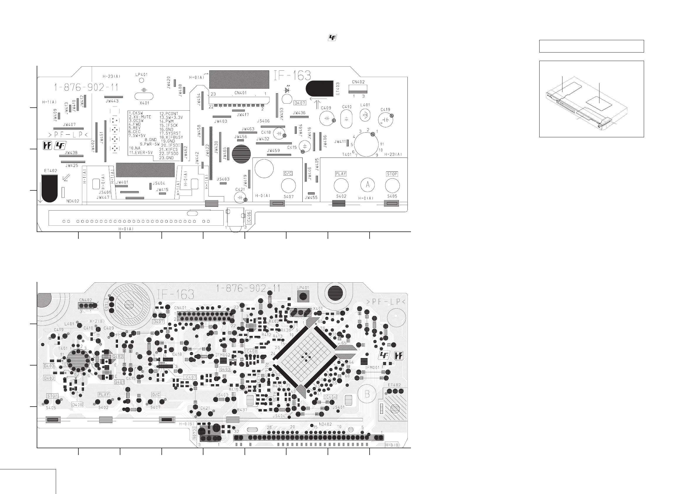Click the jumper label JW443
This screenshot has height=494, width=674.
[x=112, y=101]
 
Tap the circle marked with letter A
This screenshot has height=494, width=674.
[x=367, y=185]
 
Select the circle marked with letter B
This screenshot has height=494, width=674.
[x=367, y=394]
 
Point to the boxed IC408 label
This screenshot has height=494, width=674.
[x=251, y=351]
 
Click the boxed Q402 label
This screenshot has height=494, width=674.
[x=118, y=356]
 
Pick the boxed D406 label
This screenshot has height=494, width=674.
[x=77, y=405]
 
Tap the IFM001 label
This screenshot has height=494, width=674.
[x=372, y=367]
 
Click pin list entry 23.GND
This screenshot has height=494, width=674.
[x=166, y=158]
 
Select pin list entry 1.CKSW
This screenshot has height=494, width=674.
[x=136, y=113]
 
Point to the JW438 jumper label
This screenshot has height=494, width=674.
[x=71, y=153]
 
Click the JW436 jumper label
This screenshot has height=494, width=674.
[x=299, y=113]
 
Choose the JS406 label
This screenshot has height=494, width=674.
[x=263, y=121]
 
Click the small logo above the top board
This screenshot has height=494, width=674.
[x=332, y=38]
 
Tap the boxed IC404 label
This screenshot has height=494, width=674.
[x=330, y=397]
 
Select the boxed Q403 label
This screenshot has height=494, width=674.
[x=225, y=369]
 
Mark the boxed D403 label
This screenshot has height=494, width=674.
[x=49, y=366]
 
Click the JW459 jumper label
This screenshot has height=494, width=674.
[x=273, y=150]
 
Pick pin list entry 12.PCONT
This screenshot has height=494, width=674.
[x=169, y=114]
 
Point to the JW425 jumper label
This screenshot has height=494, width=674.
[x=72, y=165]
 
